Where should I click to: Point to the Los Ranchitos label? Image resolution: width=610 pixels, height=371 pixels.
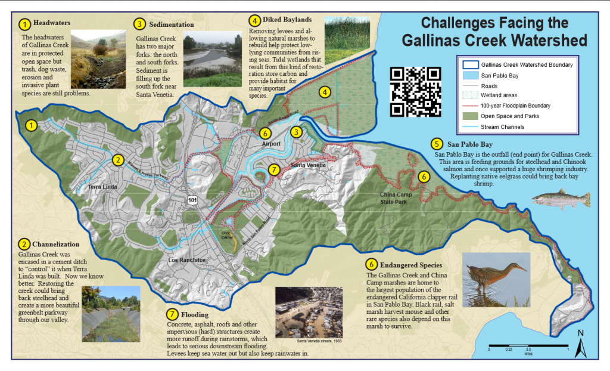[x=186, y=261]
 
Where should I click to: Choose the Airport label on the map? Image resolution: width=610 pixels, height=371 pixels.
[x=270, y=144]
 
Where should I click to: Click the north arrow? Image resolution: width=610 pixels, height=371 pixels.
[x=581, y=345]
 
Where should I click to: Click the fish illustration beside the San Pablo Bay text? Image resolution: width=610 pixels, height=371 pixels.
[x=560, y=199]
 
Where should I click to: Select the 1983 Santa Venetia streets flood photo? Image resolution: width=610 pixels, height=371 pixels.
[x=309, y=313]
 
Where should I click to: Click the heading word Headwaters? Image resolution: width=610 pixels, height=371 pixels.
[x=52, y=23]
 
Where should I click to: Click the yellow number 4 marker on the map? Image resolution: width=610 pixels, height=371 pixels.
[x=324, y=92]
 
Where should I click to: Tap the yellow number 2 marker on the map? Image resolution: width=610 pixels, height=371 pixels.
[x=118, y=159]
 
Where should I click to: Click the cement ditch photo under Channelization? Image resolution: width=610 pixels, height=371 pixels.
[x=111, y=313]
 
